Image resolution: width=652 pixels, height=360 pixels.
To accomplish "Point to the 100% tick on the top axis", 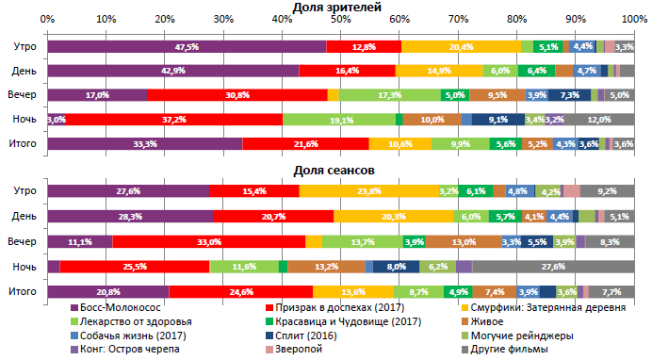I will point(634,19).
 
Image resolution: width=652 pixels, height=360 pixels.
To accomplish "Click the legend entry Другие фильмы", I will point(508,352).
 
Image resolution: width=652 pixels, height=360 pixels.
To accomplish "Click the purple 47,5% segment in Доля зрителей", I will point(187,46).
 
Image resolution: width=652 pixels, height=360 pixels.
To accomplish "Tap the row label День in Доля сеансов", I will point(24,216).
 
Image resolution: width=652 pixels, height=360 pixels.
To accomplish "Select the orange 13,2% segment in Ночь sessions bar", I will point(326,267).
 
